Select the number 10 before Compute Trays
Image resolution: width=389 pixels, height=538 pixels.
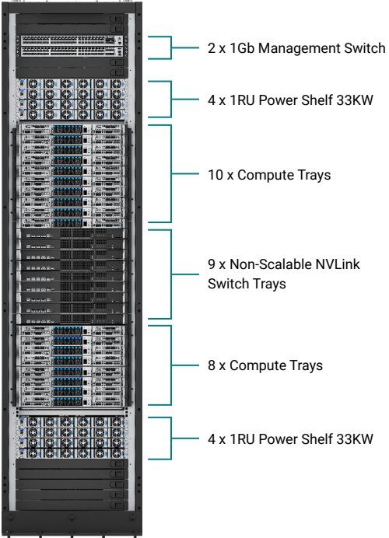[x=216, y=175]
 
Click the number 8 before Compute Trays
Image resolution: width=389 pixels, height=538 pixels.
[x=212, y=365]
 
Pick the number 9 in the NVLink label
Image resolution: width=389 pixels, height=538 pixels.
[x=212, y=264]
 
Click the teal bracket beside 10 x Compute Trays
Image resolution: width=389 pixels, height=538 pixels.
[x=170, y=173]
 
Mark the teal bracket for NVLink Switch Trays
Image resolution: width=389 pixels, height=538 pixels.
[x=170, y=274]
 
